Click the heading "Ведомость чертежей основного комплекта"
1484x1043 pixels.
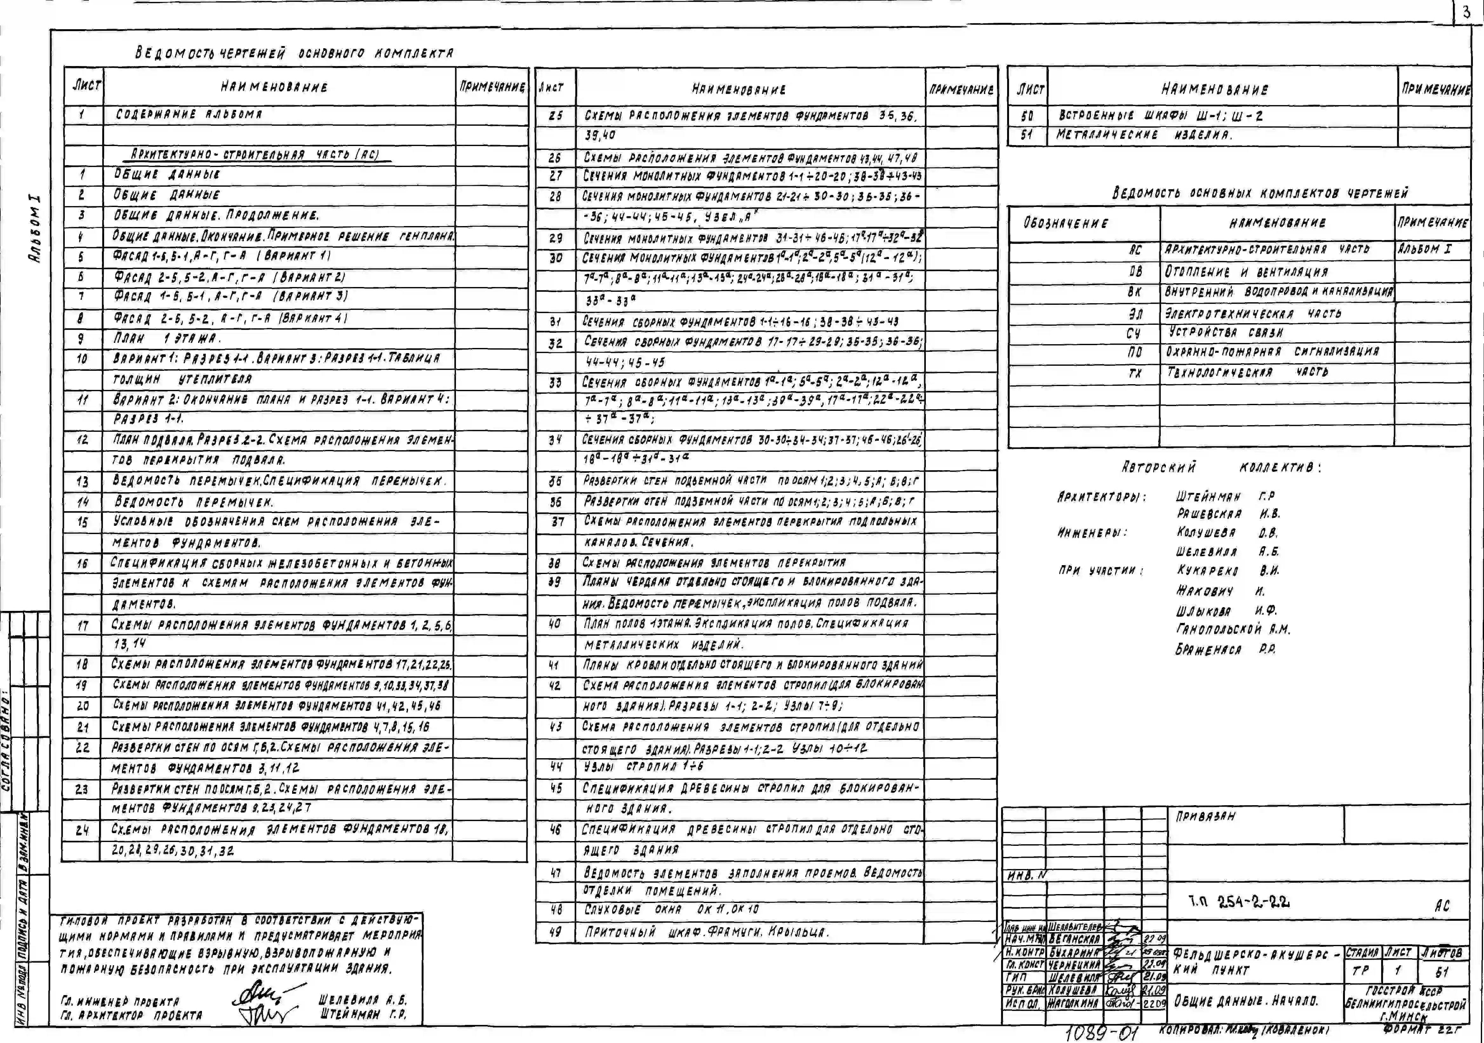[x=294, y=53]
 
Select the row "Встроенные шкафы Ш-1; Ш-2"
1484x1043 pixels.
[x=1160, y=116]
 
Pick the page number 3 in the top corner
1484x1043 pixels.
[x=1466, y=12]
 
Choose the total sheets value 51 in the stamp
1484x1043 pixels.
[x=1442, y=971]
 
